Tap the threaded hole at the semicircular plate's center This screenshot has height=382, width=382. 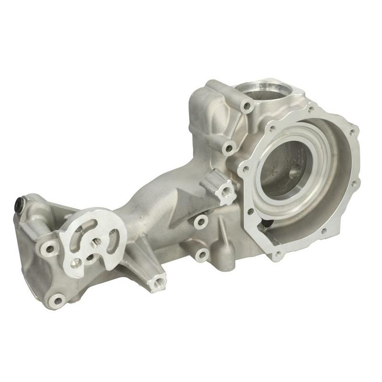click(95, 242)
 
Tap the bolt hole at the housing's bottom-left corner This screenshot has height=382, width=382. click(58, 300)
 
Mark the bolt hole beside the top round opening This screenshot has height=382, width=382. click(247, 106)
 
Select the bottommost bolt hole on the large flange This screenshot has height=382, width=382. click(277, 255)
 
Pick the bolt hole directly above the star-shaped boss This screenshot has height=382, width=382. click(229, 149)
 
